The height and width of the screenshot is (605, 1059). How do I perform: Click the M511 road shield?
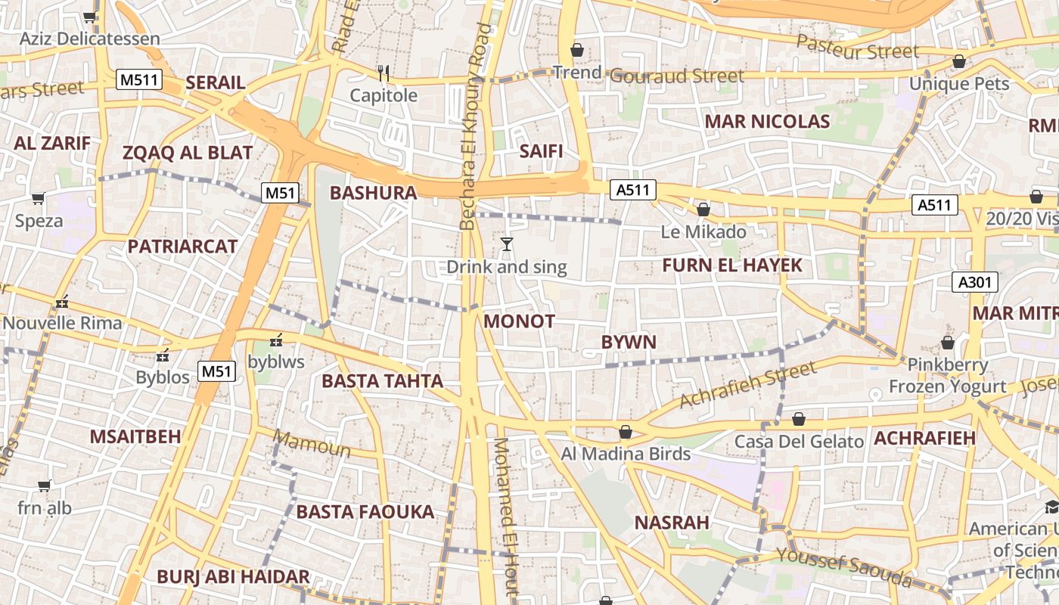coord(140,79)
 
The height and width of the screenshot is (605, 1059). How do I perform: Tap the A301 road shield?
coord(975,283)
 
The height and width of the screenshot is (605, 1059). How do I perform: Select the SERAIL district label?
coord(216,83)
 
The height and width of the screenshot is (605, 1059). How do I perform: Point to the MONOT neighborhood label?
coord(519,321)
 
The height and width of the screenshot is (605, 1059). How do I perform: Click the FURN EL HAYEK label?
coord(731,265)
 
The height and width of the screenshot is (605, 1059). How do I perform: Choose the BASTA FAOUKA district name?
coord(365,512)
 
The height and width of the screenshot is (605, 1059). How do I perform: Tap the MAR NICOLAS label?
coord(767,122)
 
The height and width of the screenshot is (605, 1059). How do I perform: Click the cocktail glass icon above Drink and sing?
coord(507,244)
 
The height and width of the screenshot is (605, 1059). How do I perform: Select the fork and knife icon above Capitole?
coord(384,73)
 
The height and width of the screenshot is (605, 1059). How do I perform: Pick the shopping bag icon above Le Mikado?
coord(703,209)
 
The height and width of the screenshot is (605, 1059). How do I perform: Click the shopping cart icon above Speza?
coord(39,199)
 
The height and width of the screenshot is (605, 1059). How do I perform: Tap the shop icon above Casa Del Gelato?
coord(799,419)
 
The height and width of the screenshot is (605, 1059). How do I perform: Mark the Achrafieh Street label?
coord(748,384)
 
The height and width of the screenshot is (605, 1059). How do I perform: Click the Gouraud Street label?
coord(677,76)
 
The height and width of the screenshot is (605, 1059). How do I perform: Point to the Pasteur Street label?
coord(858,48)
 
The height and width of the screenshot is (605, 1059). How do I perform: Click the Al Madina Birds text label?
coord(626,454)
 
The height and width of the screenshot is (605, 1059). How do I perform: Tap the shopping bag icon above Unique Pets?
coord(959,61)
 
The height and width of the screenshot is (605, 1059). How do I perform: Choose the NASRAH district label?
coord(672,523)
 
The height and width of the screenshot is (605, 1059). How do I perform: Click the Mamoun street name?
coord(312,444)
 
